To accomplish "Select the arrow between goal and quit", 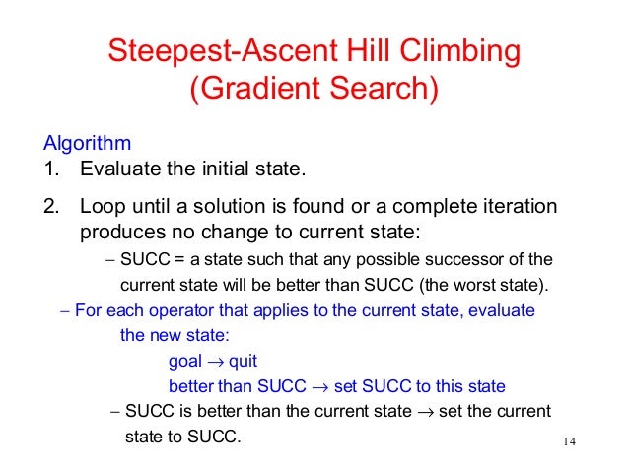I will pos(214,362).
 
